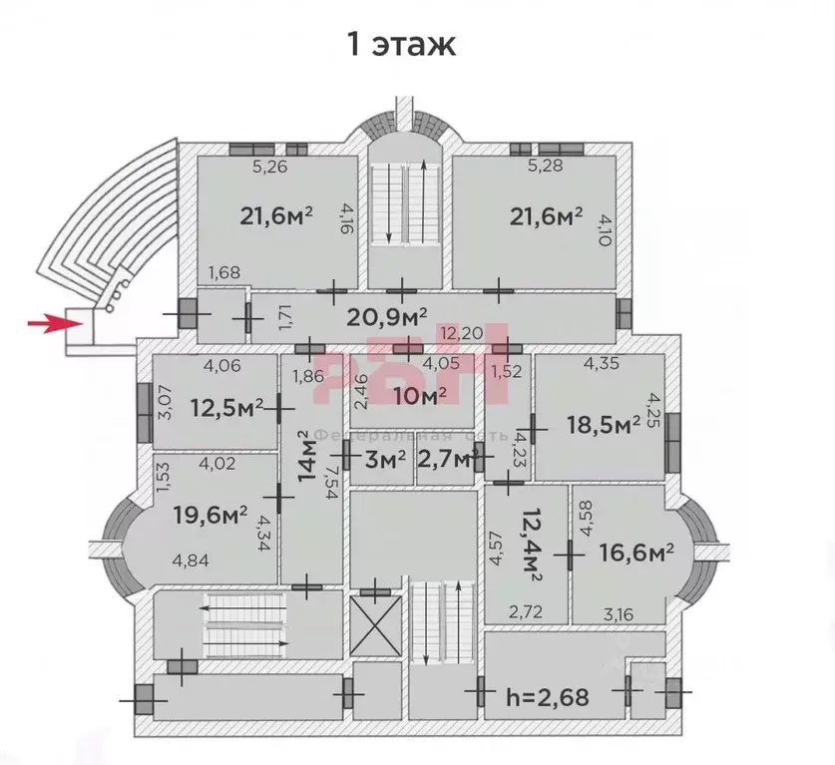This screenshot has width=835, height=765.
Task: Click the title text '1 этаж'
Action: point(400,45)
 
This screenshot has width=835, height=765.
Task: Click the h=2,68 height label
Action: point(548,695)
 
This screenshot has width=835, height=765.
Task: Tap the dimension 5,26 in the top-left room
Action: point(269,168)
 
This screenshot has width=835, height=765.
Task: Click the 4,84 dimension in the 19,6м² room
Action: point(192,560)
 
